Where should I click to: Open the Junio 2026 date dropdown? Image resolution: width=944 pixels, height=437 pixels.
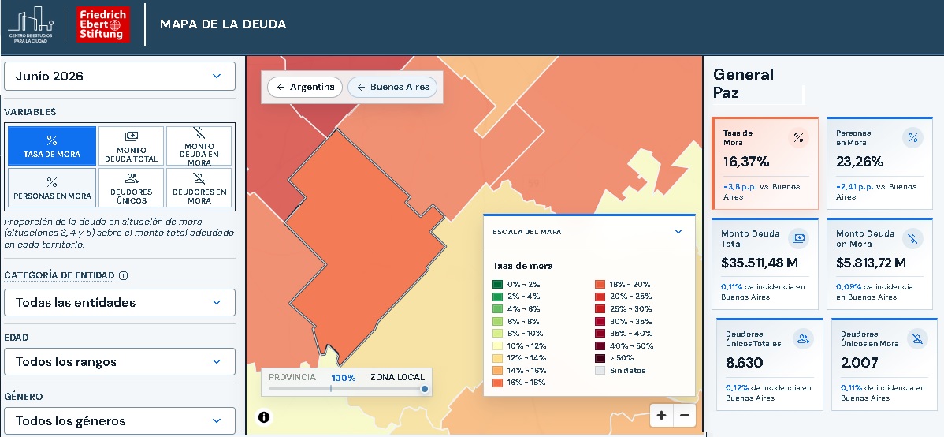click(x=119, y=76)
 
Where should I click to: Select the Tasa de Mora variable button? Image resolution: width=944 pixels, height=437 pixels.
click(x=52, y=146)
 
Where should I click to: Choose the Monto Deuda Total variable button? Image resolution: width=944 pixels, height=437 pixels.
click(x=131, y=146)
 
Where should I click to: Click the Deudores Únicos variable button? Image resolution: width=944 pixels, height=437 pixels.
click(x=131, y=188)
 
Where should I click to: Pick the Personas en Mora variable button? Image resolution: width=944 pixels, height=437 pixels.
click(x=52, y=188)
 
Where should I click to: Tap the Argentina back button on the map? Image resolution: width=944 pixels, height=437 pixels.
click(x=305, y=87)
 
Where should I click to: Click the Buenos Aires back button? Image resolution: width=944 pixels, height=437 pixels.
click(x=392, y=87)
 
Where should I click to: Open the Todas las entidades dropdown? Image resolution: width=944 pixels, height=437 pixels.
click(x=119, y=303)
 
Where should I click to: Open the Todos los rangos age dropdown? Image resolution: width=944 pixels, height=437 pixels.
click(x=119, y=361)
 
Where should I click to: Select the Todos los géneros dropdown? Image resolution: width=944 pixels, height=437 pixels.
click(x=119, y=420)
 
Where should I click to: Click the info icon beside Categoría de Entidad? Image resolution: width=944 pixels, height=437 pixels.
click(x=124, y=276)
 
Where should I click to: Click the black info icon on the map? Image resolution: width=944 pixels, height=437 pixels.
click(x=264, y=416)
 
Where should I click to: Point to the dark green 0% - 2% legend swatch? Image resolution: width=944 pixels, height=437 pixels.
click(x=497, y=285)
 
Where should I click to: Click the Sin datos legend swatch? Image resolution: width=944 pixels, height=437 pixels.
click(x=600, y=371)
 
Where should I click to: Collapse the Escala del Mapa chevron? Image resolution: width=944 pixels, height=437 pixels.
click(x=678, y=231)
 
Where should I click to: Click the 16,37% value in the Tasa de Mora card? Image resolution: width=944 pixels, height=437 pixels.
click(x=746, y=162)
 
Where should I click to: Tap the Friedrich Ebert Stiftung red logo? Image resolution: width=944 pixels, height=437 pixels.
click(x=103, y=24)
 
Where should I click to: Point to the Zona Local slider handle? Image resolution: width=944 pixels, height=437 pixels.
click(x=425, y=389)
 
